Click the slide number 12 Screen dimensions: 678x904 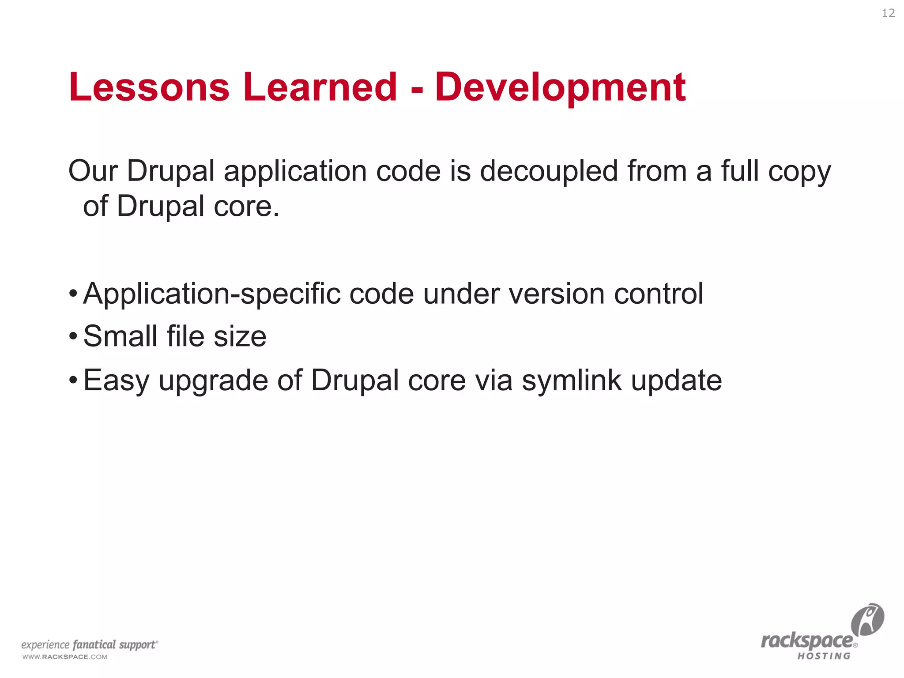[888, 13]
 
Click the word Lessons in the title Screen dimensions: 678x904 [149, 87]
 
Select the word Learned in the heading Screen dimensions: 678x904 [320, 87]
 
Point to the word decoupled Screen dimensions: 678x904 [549, 171]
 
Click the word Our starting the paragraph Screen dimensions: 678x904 [93, 171]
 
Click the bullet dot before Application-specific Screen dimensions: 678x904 [73, 294]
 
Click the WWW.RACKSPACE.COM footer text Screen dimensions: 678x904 [65, 657]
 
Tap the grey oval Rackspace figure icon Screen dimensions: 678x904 [867, 619]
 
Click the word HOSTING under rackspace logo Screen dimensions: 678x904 [824, 656]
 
